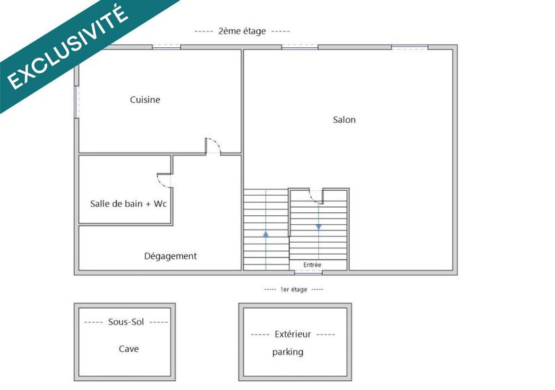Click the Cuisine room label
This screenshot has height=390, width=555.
[145, 100]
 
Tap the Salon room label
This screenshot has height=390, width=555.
[344, 120]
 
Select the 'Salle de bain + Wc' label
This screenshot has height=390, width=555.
[128, 204]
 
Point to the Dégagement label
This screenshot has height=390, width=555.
[170, 256]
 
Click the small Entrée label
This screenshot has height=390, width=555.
[312, 265]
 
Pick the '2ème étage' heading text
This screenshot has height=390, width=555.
[242, 31]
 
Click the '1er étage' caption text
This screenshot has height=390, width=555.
[293, 289]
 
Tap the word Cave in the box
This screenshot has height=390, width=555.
[128, 349]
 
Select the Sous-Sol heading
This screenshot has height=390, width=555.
[125, 322]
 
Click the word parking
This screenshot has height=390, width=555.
[287, 353]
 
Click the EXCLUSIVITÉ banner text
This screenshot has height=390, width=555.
[68, 47]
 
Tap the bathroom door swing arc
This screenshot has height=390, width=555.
[164, 181]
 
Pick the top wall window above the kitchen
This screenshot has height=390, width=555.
[166, 46]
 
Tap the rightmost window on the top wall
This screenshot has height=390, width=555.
[409, 46]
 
